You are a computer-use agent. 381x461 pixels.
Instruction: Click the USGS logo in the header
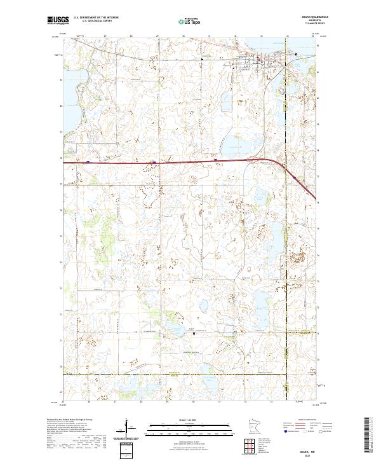click(58, 21)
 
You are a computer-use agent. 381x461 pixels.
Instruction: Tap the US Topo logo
click(190, 21)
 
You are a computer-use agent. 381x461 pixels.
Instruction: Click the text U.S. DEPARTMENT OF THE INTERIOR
click(97, 18)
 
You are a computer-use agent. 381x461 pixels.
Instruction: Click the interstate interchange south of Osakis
click(255, 161)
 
